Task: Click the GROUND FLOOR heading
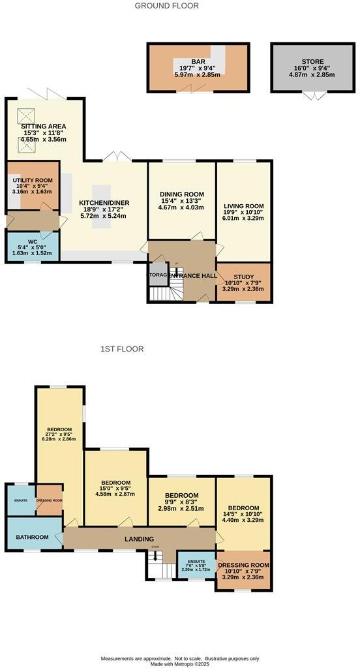166,6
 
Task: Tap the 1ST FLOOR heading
122,349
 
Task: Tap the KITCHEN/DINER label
104,203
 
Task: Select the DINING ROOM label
182,194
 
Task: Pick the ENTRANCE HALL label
192,276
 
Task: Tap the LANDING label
139,539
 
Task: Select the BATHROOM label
33,537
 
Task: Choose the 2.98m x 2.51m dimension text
181,508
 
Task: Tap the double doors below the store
316,96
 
